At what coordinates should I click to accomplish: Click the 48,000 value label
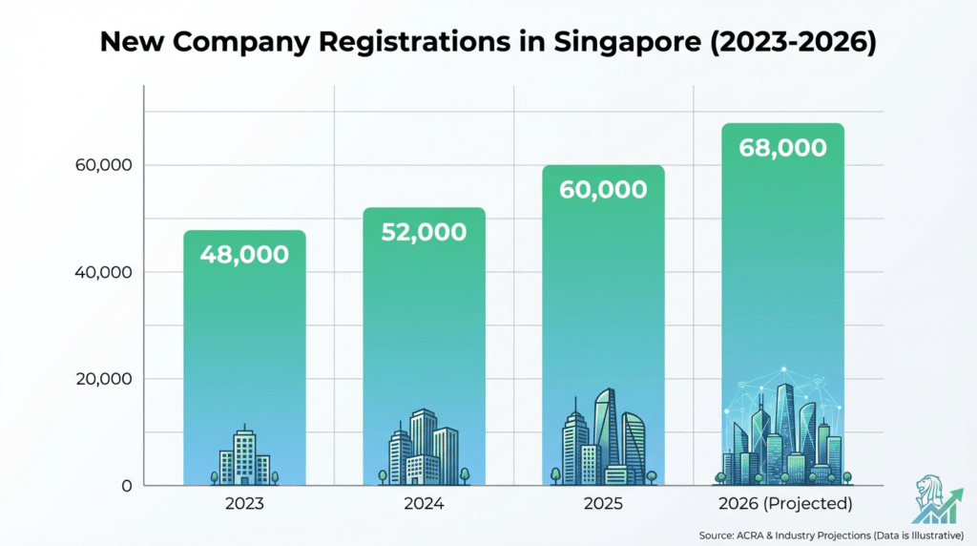[x=244, y=255]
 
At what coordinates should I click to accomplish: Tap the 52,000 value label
[x=424, y=232]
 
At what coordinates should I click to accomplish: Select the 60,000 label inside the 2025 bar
[x=604, y=189]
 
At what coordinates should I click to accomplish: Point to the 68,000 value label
[x=782, y=148]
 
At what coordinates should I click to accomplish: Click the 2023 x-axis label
[x=244, y=503]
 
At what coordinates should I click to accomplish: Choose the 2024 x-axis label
[x=424, y=503]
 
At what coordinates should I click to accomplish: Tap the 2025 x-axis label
[x=604, y=503]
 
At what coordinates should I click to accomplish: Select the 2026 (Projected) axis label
[x=782, y=503]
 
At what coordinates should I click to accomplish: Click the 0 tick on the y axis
[x=124, y=486]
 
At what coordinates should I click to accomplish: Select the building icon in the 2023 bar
[x=244, y=456]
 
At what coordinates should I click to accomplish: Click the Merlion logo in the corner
[x=936, y=497]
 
